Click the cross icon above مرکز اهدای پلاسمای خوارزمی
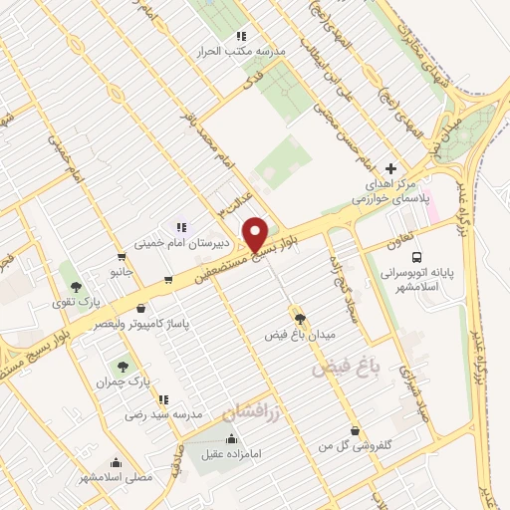[391, 169]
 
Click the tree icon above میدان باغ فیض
[298, 318]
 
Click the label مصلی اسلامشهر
[116, 477]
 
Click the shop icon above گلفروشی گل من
[354, 430]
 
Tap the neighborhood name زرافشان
[252, 410]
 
